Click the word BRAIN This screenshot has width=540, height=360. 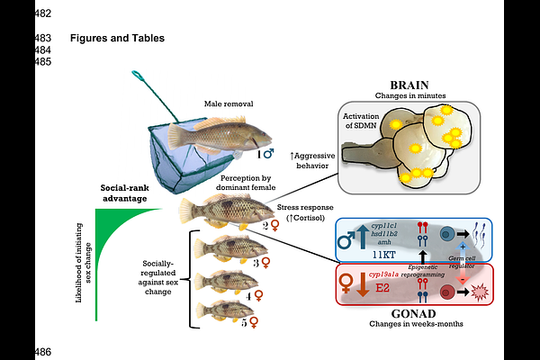click(x=403, y=85)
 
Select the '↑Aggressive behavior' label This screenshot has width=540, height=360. click(x=316, y=160)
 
